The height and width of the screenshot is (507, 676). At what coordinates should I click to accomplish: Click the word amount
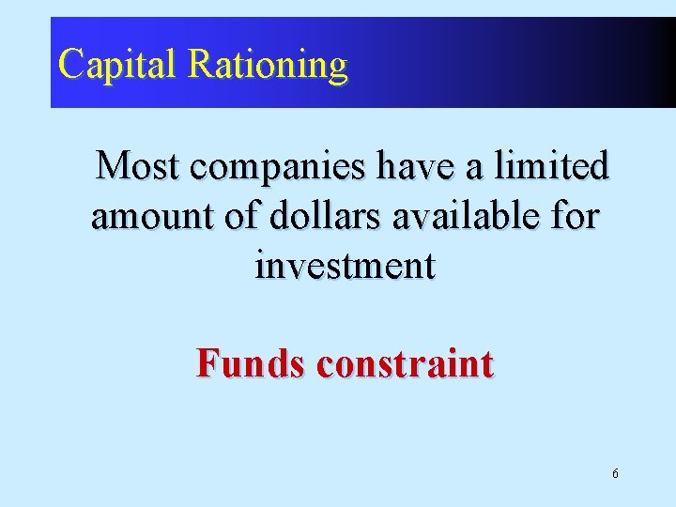tap(150, 217)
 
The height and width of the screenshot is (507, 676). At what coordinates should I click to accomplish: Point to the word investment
tap(345, 267)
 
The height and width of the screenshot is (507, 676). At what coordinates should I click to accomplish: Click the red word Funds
tap(250, 362)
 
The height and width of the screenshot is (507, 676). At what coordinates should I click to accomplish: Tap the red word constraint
tap(405, 363)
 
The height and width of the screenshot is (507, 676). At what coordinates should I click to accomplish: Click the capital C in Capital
tap(70, 64)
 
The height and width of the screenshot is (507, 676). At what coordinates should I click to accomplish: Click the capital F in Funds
tap(207, 362)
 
